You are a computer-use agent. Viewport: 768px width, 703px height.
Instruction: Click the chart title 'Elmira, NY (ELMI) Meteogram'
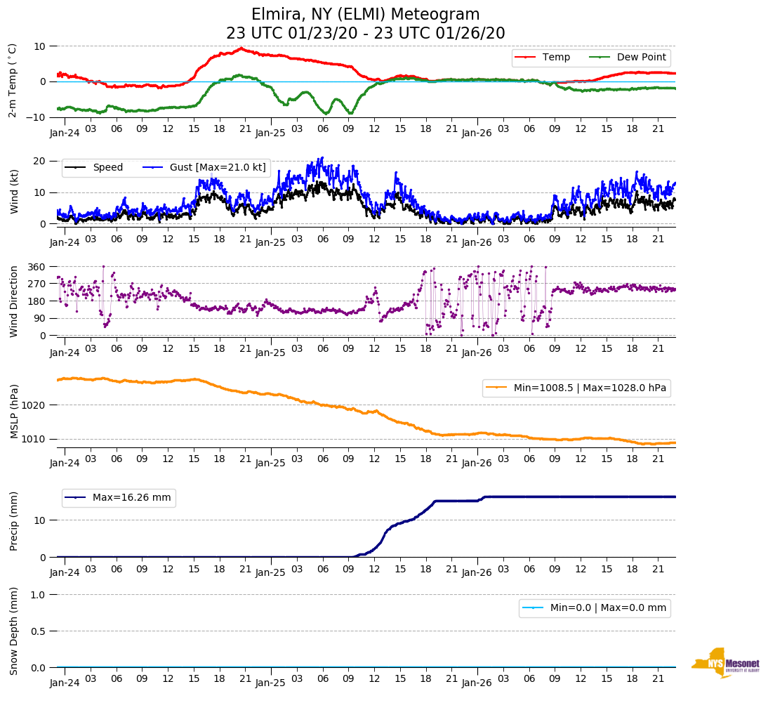pos(365,15)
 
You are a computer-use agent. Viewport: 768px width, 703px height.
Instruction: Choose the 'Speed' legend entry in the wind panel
pos(107,167)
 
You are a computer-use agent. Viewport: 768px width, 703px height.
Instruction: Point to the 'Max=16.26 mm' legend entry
pos(131,498)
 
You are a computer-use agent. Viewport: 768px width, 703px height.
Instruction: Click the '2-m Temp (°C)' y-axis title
pos(12,80)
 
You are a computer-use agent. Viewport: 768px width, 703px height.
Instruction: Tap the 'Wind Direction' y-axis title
pos(13,301)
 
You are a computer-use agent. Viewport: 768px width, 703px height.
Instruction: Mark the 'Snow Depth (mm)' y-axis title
pos(13,631)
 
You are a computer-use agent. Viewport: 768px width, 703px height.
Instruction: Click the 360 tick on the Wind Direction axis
pos(37,267)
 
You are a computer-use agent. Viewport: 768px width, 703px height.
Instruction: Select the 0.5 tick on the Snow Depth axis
pos(39,631)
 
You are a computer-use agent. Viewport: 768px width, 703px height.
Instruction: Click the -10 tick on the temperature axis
pos(35,117)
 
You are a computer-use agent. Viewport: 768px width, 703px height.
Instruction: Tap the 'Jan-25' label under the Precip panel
pos(270,572)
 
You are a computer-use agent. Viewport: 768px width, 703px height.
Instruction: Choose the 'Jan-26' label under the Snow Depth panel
pos(476,683)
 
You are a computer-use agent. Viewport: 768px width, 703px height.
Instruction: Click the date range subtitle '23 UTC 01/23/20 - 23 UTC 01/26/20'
pos(365,33)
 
